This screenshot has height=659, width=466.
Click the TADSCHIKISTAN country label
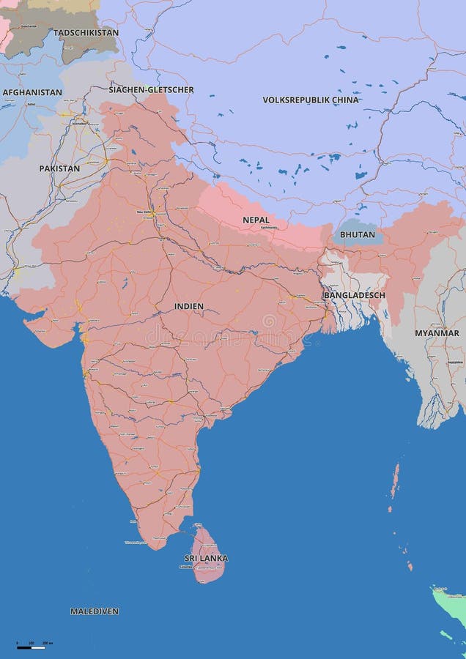point(86,33)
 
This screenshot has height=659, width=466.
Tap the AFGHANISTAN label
point(32,93)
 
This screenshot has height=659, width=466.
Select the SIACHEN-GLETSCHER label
point(152,90)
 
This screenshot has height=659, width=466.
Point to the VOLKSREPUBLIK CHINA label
point(311,100)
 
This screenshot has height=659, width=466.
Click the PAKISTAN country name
point(59,168)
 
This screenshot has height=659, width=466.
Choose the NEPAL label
point(256,220)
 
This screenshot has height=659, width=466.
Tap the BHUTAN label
point(358,234)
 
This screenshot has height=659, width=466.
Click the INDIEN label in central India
point(189,306)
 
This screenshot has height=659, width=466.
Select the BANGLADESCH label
point(354,295)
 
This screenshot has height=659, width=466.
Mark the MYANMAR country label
point(437,333)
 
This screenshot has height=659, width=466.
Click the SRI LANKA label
point(206,558)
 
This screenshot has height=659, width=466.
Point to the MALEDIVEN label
point(95,611)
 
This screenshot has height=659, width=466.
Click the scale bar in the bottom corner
point(31,647)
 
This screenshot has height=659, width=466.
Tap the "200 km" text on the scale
point(47,642)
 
